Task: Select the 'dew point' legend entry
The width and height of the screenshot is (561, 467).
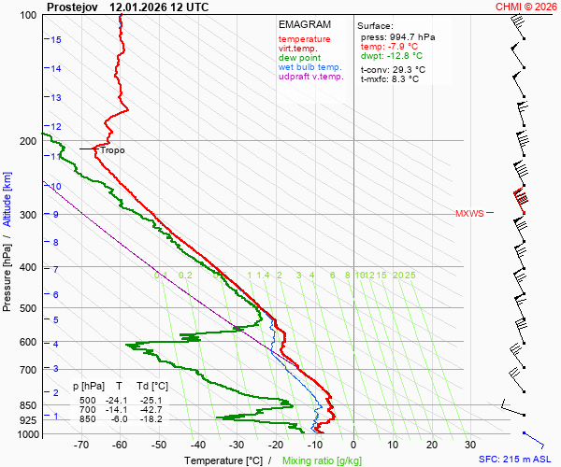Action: point(300,58)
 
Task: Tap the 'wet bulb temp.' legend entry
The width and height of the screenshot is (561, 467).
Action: point(310,67)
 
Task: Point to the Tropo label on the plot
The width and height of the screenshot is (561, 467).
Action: point(112,149)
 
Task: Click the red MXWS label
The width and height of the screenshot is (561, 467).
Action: point(469,214)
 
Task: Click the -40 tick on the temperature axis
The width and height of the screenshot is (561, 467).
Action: point(197,445)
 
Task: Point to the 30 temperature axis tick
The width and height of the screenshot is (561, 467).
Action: point(470,445)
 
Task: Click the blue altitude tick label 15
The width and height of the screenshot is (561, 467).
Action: point(56,39)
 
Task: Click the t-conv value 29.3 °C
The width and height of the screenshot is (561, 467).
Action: point(407,69)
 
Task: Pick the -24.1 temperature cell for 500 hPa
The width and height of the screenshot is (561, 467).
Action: point(116,401)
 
